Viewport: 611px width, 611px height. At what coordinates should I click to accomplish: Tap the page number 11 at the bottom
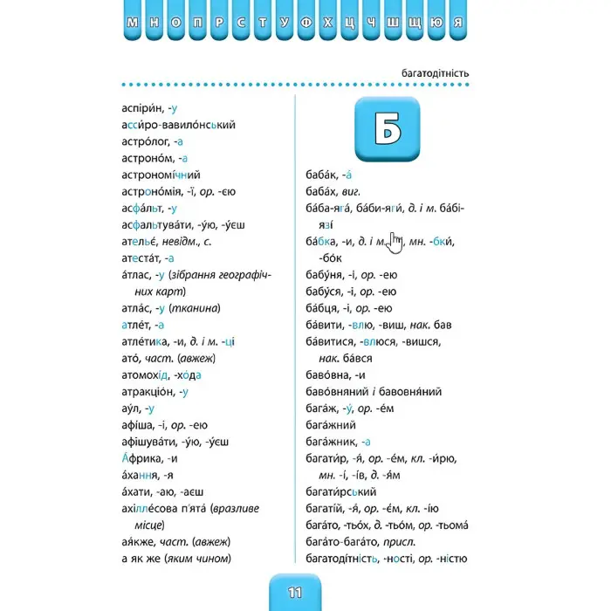tap(294, 593)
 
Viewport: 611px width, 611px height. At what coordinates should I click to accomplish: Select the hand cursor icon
tap(395, 242)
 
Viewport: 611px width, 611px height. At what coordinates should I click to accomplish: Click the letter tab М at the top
tap(132, 22)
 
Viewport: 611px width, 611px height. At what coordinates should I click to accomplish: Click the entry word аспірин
tap(143, 108)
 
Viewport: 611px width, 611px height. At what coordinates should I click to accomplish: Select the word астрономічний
tap(161, 175)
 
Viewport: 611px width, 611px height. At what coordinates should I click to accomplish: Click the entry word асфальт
tap(143, 208)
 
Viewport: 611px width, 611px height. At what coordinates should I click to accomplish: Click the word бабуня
tap(323, 274)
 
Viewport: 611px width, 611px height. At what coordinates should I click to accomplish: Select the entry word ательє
tap(141, 241)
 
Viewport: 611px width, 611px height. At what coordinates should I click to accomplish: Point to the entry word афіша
tap(140, 425)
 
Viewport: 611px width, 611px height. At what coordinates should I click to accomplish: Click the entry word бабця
tap(320, 308)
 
